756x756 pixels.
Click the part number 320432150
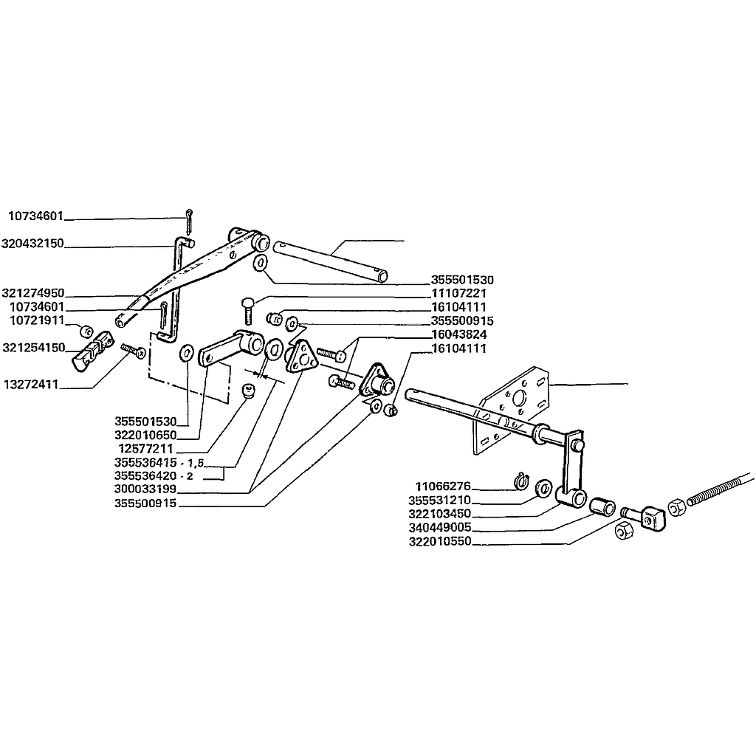pos(32,244)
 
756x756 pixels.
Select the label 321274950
pos(32,293)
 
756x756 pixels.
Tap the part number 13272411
pos(31,384)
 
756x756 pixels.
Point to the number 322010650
pos(145,435)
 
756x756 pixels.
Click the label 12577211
pos(145,448)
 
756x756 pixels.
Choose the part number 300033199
pos(145,489)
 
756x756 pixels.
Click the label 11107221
pos(459,293)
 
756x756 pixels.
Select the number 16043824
pos(459,334)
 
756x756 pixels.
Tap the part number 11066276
pos(443,486)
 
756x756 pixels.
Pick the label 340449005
pos(440,527)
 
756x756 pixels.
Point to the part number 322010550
pos(440,541)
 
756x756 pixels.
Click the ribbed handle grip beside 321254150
pos(92,351)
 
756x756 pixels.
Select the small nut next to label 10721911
pos(86,331)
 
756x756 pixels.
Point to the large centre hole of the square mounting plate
pos(519,399)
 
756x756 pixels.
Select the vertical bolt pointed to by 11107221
pos(247,311)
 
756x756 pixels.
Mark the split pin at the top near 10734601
pos(188,221)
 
